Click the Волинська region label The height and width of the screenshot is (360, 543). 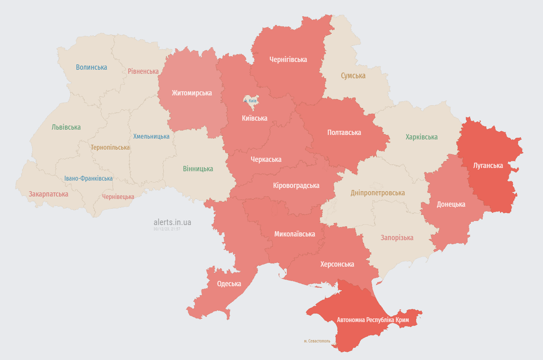pyautogui.click(x=91, y=67)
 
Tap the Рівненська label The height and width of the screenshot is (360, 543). pyautogui.click(x=143, y=71)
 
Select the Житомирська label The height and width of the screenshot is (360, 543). pyautogui.click(x=192, y=93)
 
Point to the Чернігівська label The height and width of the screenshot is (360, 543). pyautogui.click(x=288, y=60)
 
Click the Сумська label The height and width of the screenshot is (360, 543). pyautogui.click(x=353, y=75)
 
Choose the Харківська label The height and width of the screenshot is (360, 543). pyautogui.click(x=421, y=137)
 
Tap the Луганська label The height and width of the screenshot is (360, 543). pyautogui.click(x=488, y=166)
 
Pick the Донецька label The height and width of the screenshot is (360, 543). pyautogui.click(x=451, y=204)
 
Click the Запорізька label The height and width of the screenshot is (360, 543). pyautogui.click(x=397, y=238)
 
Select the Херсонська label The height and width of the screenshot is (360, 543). pyautogui.click(x=337, y=264)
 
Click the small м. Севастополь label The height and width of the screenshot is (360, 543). pyautogui.click(x=317, y=341)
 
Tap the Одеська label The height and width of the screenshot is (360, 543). pyautogui.click(x=229, y=284)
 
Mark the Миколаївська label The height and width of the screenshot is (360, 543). pyautogui.click(x=295, y=234)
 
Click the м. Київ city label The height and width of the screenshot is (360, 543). pyautogui.click(x=250, y=100)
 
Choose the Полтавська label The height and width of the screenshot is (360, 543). pyautogui.click(x=344, y=133)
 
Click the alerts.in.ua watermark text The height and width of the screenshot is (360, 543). pyautogui.click(x=172, y=222)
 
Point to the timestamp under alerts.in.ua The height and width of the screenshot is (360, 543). pyautogui.click(x=167, y=229)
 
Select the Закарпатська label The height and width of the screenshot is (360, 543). pyautogui.click(x=48, y=194)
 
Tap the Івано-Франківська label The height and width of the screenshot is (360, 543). pyautogui.click(x=89, y=179)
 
